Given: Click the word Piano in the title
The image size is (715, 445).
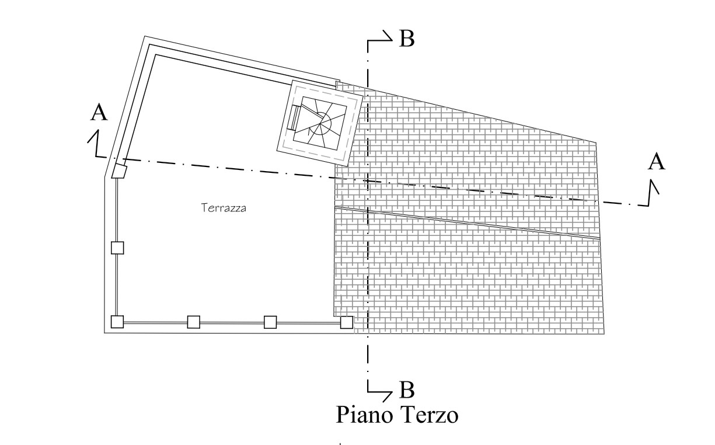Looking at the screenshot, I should [365, 415].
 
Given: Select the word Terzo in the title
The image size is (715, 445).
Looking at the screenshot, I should [430, 415].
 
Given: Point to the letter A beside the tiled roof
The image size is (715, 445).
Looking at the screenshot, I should [657, 161].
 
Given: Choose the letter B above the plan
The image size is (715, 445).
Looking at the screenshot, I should [406, 39].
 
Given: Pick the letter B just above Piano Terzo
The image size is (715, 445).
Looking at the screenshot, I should [406, 389].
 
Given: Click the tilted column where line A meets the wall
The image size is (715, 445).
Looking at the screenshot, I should [120, 171].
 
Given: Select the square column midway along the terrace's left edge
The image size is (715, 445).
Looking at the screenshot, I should [117, 248].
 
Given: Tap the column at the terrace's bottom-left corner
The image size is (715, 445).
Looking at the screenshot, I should [117, 322].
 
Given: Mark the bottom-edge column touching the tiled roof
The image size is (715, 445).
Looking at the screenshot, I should [347, 322].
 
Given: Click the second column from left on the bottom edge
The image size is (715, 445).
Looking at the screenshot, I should [194, 322].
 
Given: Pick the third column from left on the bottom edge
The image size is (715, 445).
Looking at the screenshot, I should [270, 322].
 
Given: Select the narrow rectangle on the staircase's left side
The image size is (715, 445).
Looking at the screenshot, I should [292, 119].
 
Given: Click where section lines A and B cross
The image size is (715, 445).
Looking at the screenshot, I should [367, 181].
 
